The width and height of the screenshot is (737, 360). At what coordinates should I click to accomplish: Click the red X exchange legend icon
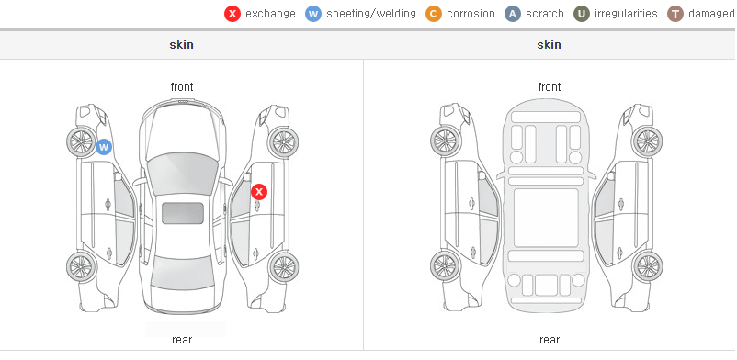232,14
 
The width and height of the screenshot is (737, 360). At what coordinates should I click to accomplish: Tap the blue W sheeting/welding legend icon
313,14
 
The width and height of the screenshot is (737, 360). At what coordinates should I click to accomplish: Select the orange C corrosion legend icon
434,14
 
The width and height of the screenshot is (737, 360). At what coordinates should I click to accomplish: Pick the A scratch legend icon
513,14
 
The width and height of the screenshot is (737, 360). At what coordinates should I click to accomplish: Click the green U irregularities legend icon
582,14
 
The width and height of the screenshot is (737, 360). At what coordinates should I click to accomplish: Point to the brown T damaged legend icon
675,14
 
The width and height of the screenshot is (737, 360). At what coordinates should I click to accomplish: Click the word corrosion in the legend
471,14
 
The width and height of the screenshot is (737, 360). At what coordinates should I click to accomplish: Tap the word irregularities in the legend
626,14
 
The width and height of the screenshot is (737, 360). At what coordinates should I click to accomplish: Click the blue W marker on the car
104,147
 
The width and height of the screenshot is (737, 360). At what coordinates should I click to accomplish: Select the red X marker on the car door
259,192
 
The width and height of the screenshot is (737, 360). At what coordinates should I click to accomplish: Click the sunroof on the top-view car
183,213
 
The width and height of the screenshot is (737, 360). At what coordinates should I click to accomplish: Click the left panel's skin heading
181,45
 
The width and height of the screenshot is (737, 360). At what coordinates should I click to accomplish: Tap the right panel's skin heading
549,45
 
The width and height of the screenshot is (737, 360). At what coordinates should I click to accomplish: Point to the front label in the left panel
182,87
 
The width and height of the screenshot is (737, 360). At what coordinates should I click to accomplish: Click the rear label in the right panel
550,340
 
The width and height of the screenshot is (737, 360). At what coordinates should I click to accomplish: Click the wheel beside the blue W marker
81,141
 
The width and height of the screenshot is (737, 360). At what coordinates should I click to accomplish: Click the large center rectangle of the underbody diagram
546,218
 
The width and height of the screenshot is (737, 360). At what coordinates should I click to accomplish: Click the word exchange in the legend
270,14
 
